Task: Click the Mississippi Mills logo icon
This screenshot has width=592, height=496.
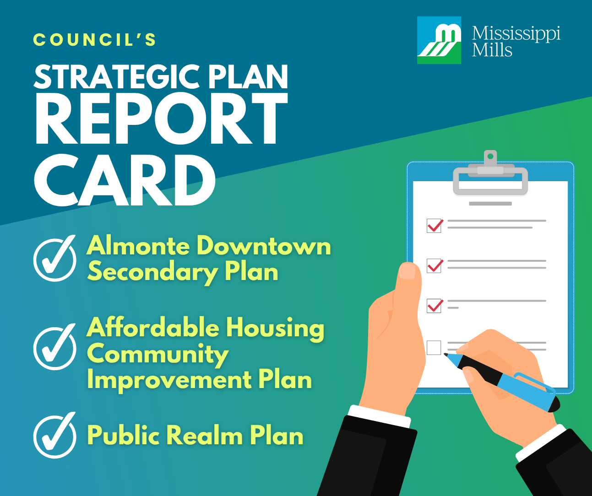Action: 439,40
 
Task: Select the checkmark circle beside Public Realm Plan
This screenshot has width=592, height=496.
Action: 55,436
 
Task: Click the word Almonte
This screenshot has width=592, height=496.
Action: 138,246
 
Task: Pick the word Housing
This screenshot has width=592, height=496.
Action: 275,329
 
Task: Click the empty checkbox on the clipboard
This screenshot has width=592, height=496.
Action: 434,348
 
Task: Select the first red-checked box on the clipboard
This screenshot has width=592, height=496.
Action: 434,226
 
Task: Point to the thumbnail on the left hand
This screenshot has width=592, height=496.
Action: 407,271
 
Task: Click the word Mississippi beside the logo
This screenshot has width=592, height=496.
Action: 516,33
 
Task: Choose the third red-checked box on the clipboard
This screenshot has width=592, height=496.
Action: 434,306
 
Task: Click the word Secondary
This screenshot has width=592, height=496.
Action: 152,272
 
